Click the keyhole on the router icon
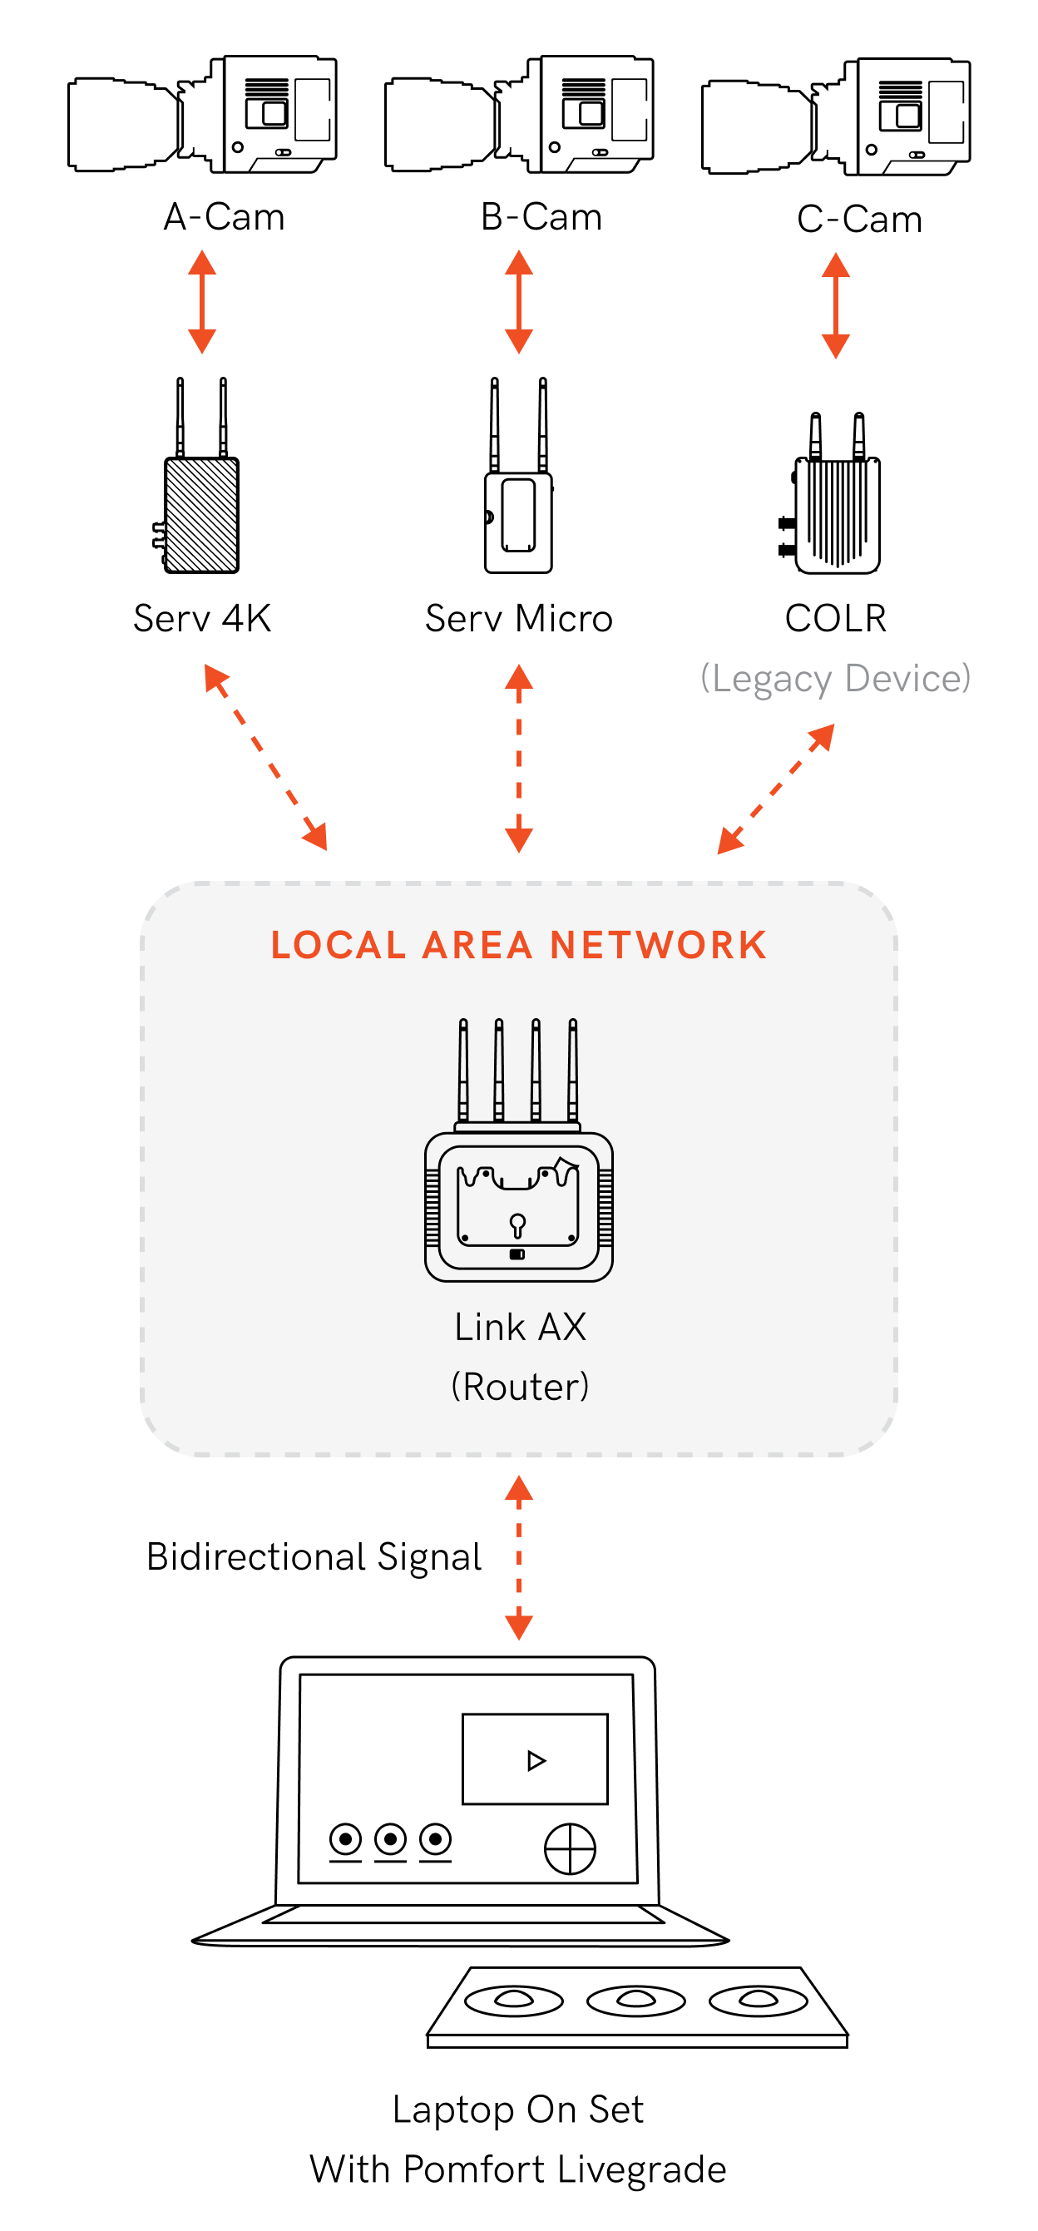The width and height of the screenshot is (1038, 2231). point(517,1224)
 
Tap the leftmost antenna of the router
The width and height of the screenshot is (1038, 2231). point(463,1071)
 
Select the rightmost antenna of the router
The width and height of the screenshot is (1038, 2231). point(572,1071)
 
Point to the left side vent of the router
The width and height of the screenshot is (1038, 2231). point(432,1207)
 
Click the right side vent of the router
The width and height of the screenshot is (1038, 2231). point(606,1207)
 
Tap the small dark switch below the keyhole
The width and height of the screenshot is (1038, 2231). point(517,1254)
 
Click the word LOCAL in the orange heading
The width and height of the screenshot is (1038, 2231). point(339,945)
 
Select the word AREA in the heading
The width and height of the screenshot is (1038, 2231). point(477,945)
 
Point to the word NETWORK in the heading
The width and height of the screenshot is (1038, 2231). point(659,945)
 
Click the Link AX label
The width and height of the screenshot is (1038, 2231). point(521,1327)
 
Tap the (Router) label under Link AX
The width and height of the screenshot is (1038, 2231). point(521,1387)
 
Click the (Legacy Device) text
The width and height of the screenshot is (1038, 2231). point(835,678)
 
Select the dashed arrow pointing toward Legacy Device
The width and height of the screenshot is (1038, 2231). point(776,789)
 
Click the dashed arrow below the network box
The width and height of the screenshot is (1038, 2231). point(518,1558)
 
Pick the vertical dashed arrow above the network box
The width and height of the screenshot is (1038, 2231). point(518,758)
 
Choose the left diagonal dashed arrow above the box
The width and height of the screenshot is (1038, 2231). point(265,757)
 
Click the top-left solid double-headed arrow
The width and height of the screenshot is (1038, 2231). point(202,301)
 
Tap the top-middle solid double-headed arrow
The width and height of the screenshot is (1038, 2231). point(518,301)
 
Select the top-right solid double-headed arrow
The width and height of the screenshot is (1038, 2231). point(835,304)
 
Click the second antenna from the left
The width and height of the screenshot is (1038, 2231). point(499,1071)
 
